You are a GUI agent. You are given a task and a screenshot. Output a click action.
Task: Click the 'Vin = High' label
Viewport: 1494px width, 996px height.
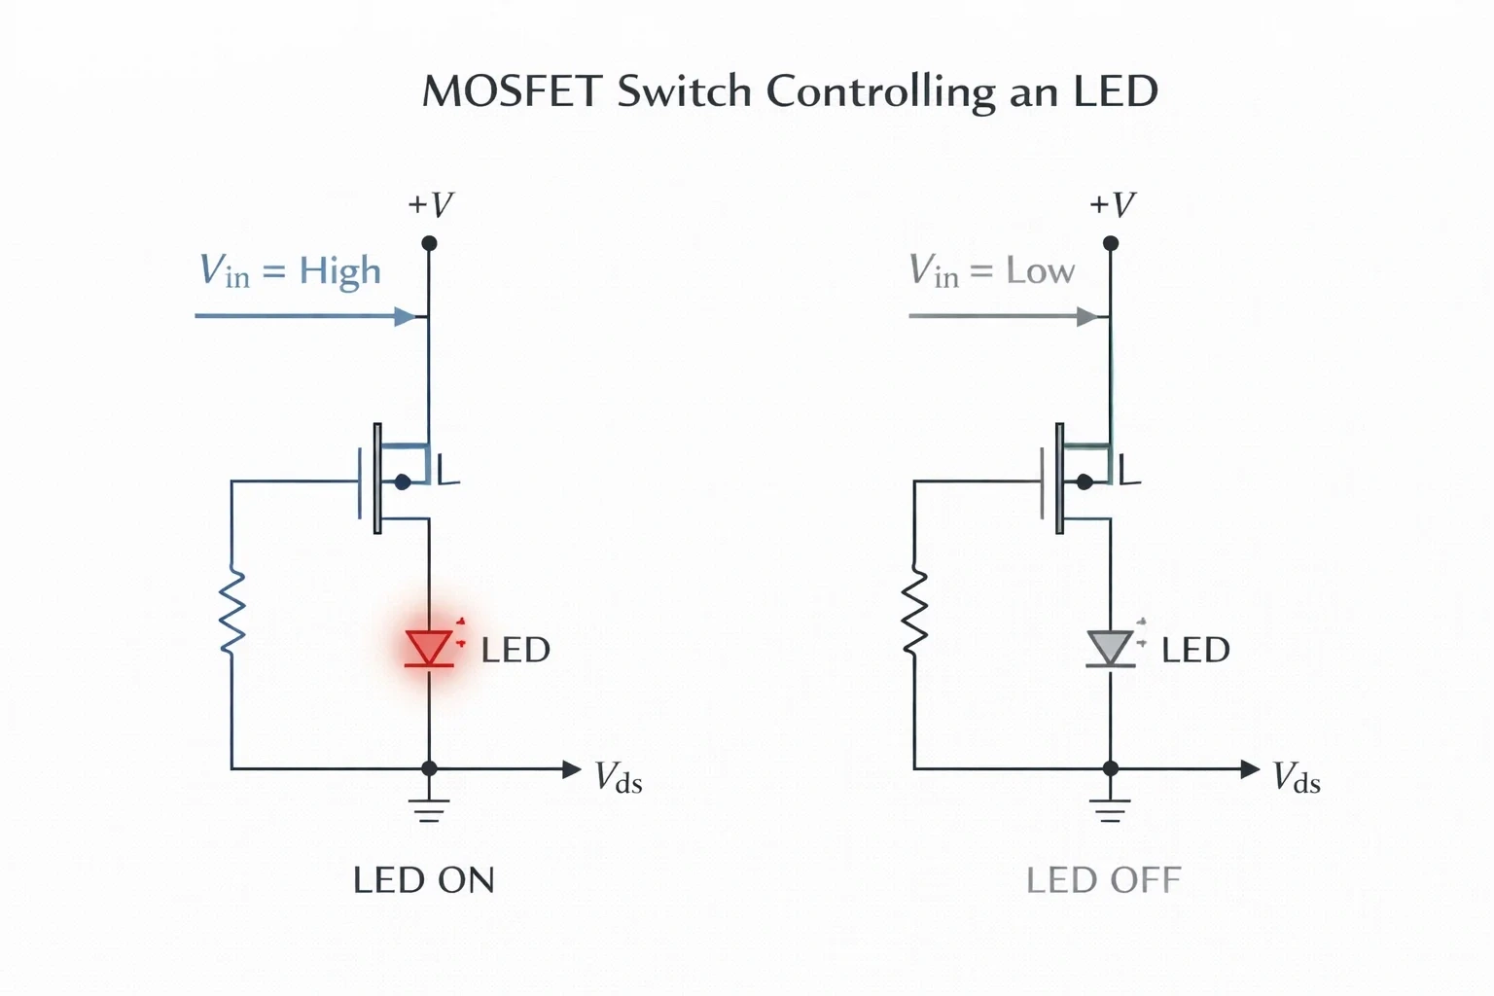(x=290, y=271)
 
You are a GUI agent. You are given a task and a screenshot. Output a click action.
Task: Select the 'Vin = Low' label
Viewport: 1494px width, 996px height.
(x=992, y=270)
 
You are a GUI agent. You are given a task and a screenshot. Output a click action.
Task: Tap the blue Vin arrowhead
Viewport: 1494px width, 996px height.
(x=405, y=316)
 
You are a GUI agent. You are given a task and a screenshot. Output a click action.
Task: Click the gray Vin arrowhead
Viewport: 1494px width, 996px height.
(x=1087, y=316)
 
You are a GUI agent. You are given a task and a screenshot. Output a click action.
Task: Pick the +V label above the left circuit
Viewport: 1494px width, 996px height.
(x=431, y=204)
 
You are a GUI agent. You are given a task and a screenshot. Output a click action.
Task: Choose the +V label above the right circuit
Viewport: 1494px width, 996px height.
(x=1113, y=204)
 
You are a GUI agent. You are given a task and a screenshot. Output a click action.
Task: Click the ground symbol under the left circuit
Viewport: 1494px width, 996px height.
(x=429, y=810)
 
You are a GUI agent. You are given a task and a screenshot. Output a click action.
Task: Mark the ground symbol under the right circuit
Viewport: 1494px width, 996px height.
(x=1110, y=810)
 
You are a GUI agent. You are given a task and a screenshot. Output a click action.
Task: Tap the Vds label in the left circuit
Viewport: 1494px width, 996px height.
(x=619, y=777)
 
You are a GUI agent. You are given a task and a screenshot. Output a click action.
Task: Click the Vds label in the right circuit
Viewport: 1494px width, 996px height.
(x=1297, y=777)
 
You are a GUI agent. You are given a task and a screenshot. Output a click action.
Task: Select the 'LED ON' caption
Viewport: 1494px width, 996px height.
(x=423, y=880)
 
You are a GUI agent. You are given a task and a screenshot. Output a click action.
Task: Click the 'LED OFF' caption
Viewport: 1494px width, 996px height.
(x=1104, y=880)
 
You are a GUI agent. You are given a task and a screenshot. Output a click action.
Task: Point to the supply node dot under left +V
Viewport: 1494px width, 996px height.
(x=430, y=243)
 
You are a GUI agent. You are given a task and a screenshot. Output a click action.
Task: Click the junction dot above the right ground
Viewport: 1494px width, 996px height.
(x=1111, y=768)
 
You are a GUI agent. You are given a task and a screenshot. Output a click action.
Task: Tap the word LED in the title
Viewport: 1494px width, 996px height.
(x=1116, y=90)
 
